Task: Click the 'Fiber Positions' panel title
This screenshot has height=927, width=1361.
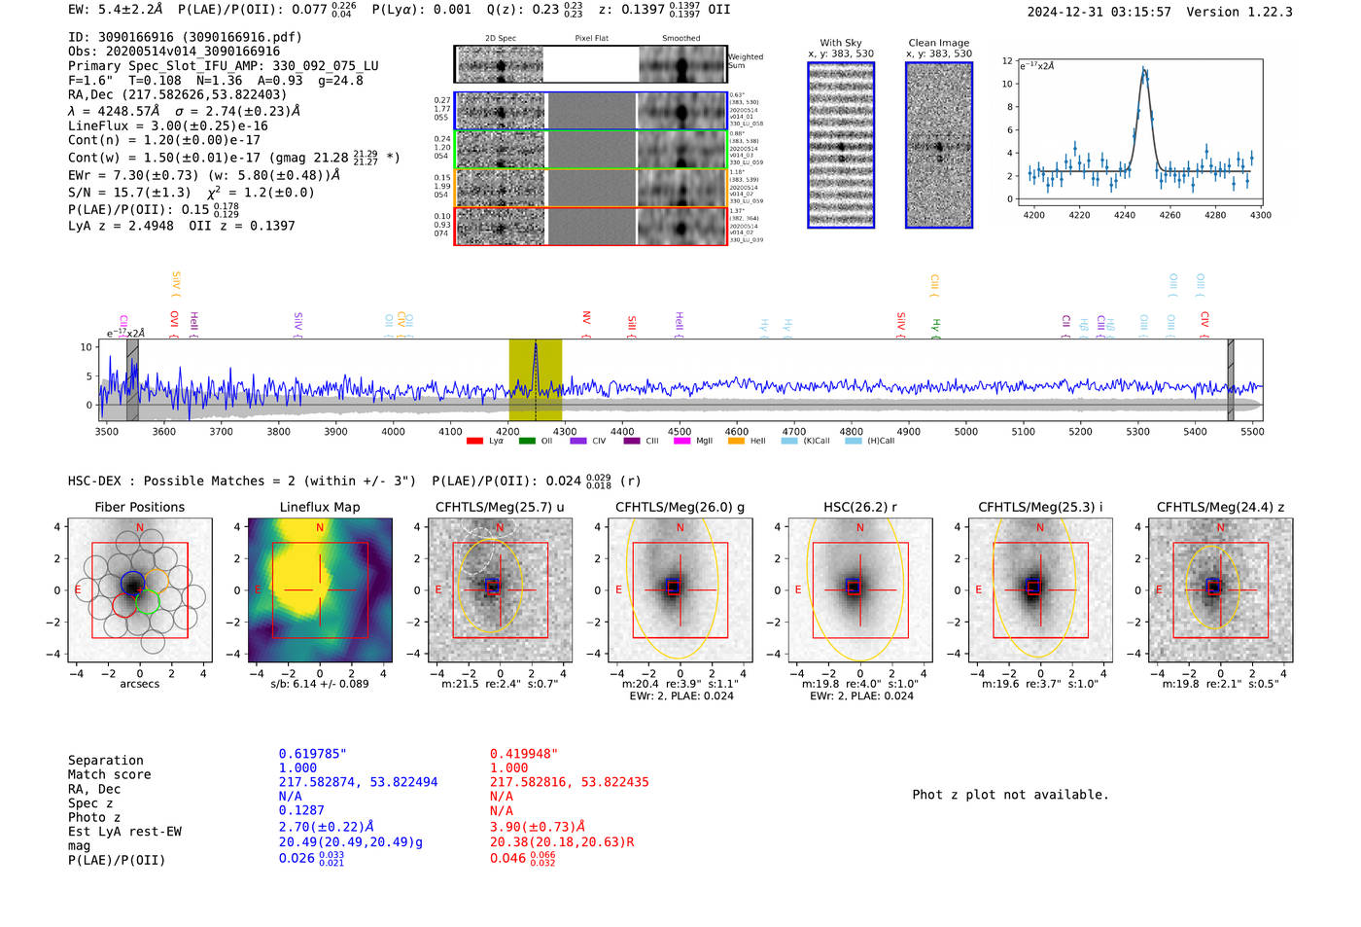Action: (x=139, y=507)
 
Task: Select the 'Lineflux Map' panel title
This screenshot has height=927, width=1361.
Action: (x=319, y=507)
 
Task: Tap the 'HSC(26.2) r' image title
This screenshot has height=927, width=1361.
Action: (x=860, y=507)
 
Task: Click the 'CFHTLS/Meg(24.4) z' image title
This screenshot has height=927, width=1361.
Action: (x=1220, y=507)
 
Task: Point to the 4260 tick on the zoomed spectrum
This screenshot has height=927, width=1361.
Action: (x=1170, y=215)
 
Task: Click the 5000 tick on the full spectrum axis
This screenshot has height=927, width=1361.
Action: (x=965, y=431)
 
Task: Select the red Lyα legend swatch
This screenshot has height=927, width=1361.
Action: (x=474, y=442)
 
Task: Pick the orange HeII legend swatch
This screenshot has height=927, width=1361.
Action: (x=736, y=442)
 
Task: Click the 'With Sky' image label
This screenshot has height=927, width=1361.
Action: (x=840, y=43)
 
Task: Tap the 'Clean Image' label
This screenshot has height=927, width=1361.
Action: (x=938, y=43)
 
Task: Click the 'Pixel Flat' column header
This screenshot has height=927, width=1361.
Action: (x=591, y=39)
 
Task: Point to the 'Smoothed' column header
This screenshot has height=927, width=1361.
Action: (x=680, y=39)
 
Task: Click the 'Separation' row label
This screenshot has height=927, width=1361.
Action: (x=105, y=760)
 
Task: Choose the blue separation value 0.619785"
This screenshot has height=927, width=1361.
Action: (x=312, y=754)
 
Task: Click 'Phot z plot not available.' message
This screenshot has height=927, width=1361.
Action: (x=1010, y=795)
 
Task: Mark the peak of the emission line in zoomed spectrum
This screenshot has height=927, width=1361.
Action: (x=1144, y=70)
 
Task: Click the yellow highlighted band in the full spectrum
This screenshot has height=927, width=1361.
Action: (x=535, y=379)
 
